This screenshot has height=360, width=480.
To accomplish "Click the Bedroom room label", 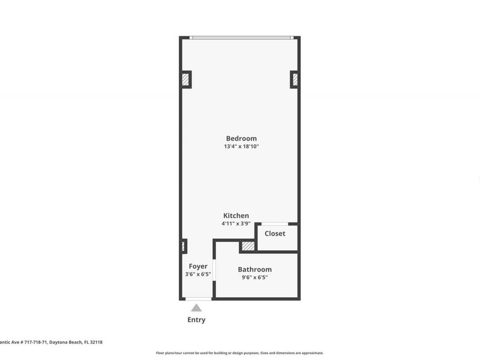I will (241, 138).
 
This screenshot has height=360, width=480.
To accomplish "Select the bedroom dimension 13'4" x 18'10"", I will (241, 147).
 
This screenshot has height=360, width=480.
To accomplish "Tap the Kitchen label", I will (236, 215).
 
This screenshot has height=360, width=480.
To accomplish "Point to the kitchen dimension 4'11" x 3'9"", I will (236, 224).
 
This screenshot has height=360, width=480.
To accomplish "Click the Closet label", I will (275, 234).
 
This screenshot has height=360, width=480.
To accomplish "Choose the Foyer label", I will (198, 266).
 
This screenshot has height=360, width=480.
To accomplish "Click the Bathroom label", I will (254, 269).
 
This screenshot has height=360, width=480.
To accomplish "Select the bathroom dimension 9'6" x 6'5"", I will (254, 277).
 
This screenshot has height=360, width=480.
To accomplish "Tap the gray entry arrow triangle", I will (196, 308).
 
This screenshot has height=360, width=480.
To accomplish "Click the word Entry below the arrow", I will (196, 320).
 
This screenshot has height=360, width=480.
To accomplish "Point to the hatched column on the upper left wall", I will (186, 79).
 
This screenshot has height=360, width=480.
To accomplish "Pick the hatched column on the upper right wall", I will (294, 79).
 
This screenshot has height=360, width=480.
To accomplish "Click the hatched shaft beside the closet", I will (247, 246).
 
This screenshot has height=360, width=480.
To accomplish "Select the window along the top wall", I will (241, 38).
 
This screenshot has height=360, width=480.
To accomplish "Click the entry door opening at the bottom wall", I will (198, 299).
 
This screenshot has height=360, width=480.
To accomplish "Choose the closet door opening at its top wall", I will (275, 224).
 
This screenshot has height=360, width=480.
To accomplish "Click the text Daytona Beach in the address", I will (68, 342).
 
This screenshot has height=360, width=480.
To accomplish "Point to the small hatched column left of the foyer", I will (183, 246).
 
